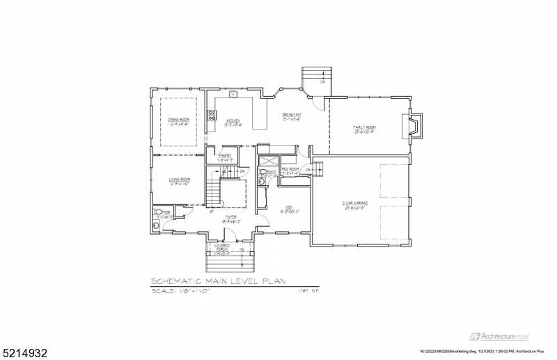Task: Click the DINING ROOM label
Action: coord(179,120)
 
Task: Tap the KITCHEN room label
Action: coord(233,120)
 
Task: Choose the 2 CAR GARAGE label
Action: coord(354,203)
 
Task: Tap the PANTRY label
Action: coord(224,156)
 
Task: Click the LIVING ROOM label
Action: coord(179,180)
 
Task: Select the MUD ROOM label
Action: coord(290,169)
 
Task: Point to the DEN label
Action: coord(288,207)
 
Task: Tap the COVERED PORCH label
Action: coord(222,246)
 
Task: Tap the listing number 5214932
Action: coord(21,346)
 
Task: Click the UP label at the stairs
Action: coord(211,212)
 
